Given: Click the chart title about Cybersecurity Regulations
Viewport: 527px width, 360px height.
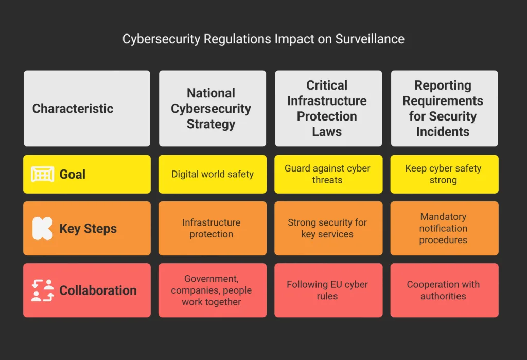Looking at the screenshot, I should coord(263,39).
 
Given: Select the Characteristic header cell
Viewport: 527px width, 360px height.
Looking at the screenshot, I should coord(87,109).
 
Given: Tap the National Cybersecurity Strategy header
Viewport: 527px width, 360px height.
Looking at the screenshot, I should coord(212,109).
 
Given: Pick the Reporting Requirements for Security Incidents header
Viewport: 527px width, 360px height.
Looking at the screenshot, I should coord(444,109).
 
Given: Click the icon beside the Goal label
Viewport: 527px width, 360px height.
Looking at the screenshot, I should coord(43,174).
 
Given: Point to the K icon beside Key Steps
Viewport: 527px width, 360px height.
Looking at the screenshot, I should coord(43,229).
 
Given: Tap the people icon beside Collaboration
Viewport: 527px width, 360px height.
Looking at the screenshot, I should coord(43,290).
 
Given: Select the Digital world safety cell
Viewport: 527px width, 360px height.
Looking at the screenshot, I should coord(212,174).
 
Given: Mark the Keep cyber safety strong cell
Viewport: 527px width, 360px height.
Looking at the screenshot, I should coord(444,174).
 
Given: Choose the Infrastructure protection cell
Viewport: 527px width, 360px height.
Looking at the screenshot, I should coord(212,228).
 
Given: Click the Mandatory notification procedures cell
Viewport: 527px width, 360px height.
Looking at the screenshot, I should coord(444,228).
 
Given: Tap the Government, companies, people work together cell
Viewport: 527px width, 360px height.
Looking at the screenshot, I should coord(212,290).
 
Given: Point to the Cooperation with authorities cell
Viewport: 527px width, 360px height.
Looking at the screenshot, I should coord(444,290).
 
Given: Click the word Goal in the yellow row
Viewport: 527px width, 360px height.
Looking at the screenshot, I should coord(73,174).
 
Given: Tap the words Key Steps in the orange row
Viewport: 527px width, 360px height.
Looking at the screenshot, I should coord(88,229).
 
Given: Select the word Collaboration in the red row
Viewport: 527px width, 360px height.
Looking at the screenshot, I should coord(98,290).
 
